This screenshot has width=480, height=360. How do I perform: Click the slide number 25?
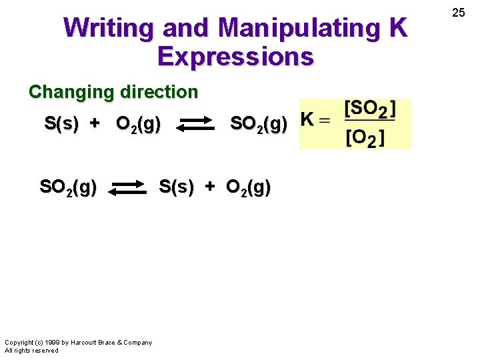(459, 12)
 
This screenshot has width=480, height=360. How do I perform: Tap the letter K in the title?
(397, 28)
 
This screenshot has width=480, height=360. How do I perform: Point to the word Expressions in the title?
(235, 57)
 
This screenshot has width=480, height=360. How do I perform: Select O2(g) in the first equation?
(138, 125)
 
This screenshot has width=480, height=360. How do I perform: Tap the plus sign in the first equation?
(95, 124)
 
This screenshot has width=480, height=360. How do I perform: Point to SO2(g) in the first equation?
(259, 124)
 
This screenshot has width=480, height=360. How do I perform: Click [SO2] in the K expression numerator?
(369, 109)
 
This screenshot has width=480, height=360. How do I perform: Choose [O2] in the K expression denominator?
(365, 138)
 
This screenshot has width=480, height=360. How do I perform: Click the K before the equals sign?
(307, 120)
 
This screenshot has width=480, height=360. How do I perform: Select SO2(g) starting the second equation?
(68, 188)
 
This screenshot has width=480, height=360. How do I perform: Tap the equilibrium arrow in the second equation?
(127, 189)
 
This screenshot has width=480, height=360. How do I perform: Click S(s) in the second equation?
(176, 188)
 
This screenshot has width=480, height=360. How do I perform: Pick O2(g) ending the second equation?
(248, 189)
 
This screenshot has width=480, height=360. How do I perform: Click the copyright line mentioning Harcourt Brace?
(78, 343)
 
